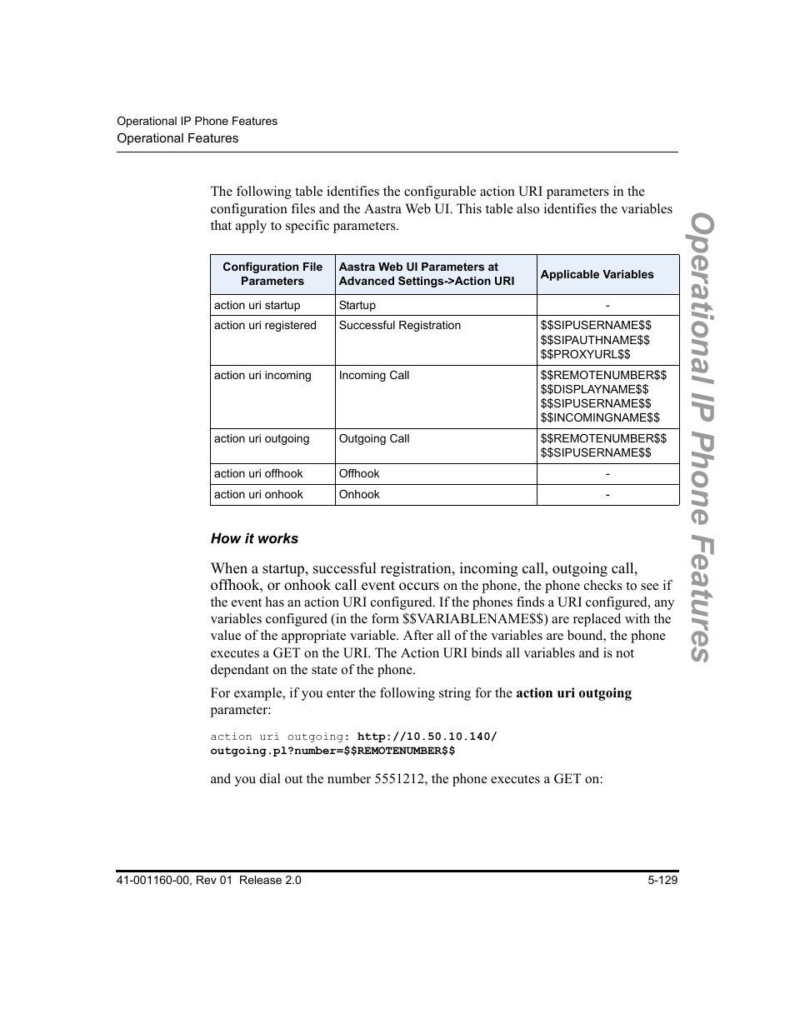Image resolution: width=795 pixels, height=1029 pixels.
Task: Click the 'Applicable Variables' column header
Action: (597, 274)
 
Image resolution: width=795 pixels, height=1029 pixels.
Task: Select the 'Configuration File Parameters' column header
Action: (272, 274)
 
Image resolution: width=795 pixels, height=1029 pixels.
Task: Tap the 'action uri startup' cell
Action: (257, 305)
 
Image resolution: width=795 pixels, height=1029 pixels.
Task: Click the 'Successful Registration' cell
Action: (399, 326)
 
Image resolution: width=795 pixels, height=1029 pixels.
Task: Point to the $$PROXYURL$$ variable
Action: (585, 354)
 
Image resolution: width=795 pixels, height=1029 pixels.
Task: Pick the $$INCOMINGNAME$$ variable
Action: (600, 417)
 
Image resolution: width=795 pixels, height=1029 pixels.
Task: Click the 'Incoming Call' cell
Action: (374, 376)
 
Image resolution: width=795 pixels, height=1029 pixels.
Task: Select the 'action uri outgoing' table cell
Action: (262, 439)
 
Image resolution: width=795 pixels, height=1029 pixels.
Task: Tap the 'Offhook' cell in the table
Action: (359, 474)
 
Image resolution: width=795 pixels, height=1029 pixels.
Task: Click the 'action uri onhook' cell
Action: (258, 495)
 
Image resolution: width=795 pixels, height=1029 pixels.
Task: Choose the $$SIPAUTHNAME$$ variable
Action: (595, 340)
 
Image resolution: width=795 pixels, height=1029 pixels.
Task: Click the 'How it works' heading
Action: (254, 539)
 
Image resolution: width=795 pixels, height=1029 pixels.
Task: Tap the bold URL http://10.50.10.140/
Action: (427, 737)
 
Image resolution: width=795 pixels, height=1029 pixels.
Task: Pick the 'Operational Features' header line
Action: (177, 138)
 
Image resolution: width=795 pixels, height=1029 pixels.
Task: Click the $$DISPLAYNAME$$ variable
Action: (594, 389)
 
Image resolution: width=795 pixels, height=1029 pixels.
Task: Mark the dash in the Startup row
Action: (607, 306)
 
